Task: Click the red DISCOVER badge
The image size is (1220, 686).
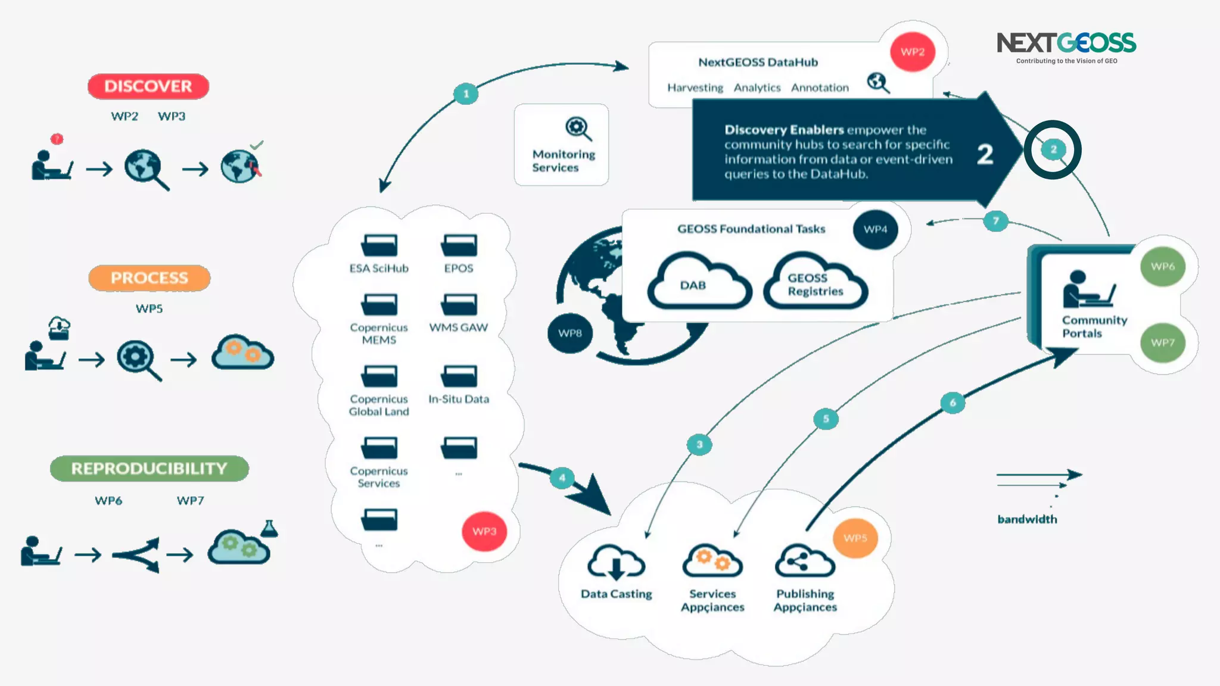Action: [x=148, y=86]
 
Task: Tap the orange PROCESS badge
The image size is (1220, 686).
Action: [x=149, y=278]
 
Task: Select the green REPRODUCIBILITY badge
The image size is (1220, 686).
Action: [x=149, y=469]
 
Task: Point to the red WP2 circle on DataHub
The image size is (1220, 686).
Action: [x=912, y=52]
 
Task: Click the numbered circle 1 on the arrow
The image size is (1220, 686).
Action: [x=466, y=93]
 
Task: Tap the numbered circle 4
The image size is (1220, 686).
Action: [x=562, y=478]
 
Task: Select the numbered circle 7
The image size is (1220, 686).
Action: [x=995, y=221]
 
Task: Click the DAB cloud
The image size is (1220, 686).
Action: [x=699, y=282]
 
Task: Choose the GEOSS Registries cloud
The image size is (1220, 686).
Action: [x=815, y=282]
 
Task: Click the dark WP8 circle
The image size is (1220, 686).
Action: [x=569, y=333]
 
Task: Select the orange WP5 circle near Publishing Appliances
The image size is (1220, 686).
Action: [x=855, y=538]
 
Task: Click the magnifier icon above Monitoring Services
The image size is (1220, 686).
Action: [x=578, y=128]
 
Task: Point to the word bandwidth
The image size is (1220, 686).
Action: [x=1027, y=519]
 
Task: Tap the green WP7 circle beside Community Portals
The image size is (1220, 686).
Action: [x=1162, y=342]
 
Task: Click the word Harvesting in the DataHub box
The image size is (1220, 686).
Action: [x=695, y=88]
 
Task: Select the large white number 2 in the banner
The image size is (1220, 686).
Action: [x=985, y=154]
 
